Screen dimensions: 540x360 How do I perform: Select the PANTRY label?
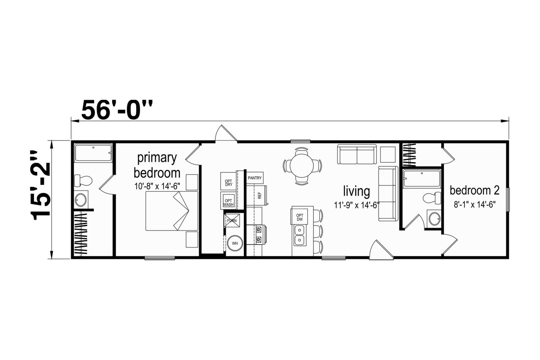tap(254, 178)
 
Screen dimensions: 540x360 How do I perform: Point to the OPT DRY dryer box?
tap(228, 181)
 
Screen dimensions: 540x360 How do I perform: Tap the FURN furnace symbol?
tap(232, 220)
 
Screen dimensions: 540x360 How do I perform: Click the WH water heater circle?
tap(235, 243)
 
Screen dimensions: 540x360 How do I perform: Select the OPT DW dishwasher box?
tap(300, 217)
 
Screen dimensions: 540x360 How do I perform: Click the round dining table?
tap(302, 166)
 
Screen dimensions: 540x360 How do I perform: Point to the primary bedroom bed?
tap(172, 211)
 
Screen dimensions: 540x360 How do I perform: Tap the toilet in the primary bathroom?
tap(83, 180)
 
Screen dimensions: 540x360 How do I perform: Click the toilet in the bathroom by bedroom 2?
tap(432, 199)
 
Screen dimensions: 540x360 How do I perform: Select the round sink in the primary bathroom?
tap(81, 200)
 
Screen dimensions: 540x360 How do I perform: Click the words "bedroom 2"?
tap(475, 191)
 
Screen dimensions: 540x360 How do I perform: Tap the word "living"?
tap(356, 191)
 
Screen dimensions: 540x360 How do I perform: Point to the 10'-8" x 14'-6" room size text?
tap(157, 186)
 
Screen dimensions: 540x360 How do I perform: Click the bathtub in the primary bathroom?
tap(93, 153)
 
